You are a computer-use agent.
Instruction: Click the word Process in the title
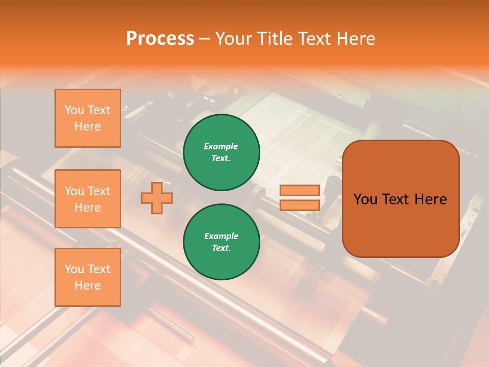(x=160, y=38)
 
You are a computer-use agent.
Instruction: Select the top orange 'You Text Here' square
(x=88, y=118)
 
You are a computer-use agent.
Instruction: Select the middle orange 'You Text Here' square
(x=88, y=199)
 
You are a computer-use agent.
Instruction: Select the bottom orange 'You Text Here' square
(x=88, y=277)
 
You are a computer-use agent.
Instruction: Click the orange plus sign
(x=157, y=197)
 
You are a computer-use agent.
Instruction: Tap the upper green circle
(x=222, y=152)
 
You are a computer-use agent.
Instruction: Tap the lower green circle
(x=222, y=242)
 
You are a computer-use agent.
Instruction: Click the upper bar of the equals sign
(x=300, y=191)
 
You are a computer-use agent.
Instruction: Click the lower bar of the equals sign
(x=300, y=205)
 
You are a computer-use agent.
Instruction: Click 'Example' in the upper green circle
(x=221, y=146)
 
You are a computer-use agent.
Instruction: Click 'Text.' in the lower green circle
(x=221, y=248)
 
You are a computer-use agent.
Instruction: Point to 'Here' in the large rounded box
(x=430, y=199)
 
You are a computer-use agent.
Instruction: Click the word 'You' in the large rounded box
(x=365, y=199)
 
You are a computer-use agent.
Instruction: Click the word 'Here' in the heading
(x=356, y=38)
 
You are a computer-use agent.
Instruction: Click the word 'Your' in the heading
(x=233, y=38)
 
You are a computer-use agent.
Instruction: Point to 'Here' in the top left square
(x=88, y=126)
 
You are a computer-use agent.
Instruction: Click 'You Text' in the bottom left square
(x=88, y=269)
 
